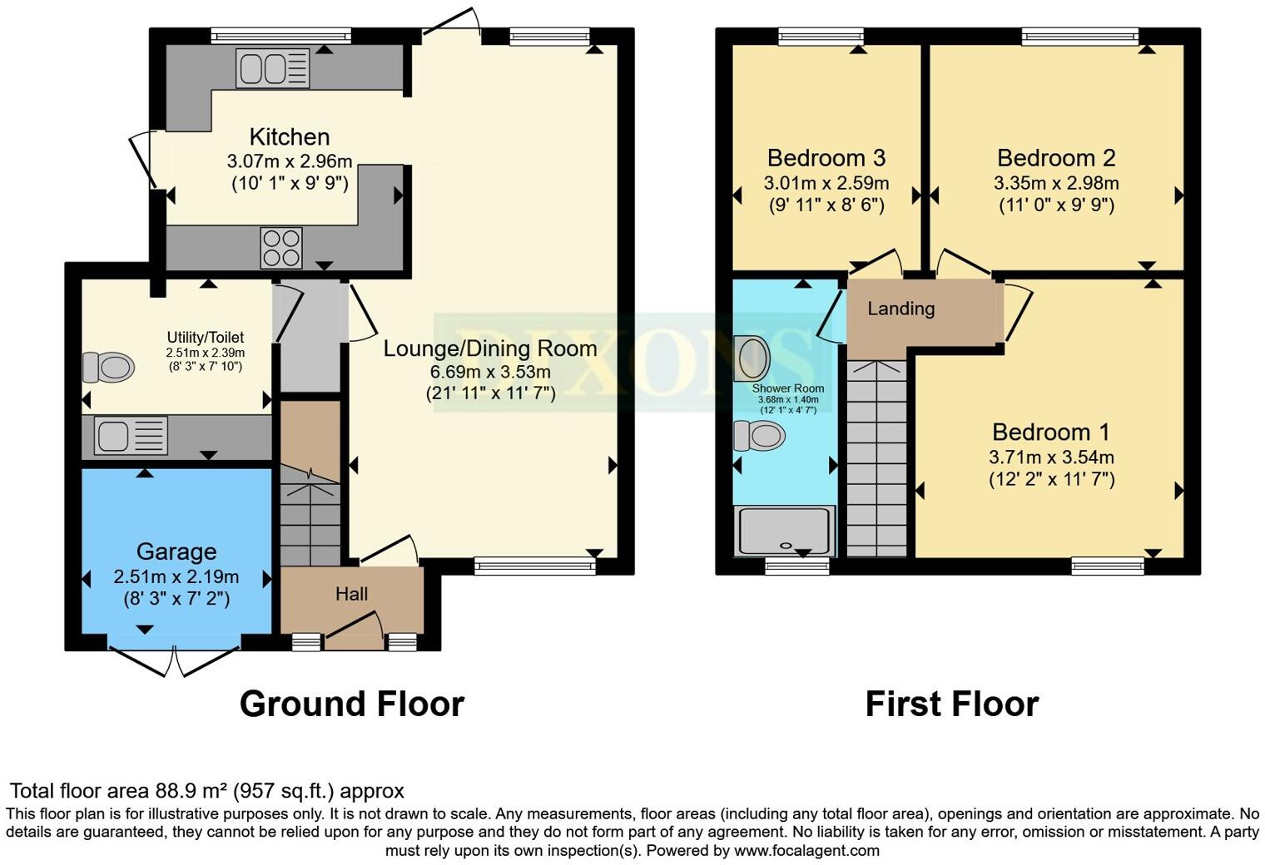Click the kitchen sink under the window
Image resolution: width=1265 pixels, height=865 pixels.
tap(273, 68)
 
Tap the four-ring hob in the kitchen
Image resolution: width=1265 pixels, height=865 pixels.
tap(281, 247)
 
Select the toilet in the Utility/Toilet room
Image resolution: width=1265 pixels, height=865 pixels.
tap(108, 367)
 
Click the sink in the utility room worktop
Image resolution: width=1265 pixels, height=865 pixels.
tap(131, 436)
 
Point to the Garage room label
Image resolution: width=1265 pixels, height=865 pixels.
tap(176, 551)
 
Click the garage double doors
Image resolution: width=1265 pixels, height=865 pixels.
tap(176, 659)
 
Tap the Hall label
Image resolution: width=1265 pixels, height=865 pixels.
tap(351, 594)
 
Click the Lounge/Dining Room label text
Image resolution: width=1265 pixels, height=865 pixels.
tap(489, 348)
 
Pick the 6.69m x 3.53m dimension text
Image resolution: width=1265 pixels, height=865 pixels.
tap(489, 371)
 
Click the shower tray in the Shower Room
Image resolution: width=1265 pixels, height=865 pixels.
tap(784, 531)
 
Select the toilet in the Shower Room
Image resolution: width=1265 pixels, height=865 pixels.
tap(759, 435)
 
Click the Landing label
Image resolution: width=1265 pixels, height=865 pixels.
tap(900, 309)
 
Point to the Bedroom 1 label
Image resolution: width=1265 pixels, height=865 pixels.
tap(1050, 432)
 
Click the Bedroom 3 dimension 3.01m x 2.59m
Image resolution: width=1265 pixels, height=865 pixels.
tap(826, 183)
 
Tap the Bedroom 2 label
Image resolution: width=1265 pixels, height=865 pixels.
tap(1055, 158)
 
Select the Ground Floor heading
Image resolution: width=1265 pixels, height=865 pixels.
tap(351, 704)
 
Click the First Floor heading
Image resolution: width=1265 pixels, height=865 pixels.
tap(951, 704)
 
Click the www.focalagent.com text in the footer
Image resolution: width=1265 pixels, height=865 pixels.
tap(806, 850)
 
